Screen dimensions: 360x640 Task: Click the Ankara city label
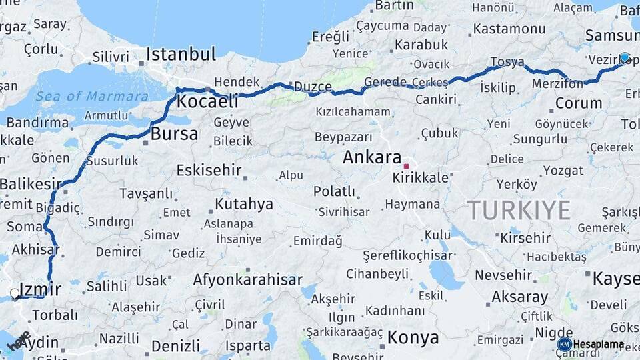coord(371,157)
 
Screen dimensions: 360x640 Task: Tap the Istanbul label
coord(181,54)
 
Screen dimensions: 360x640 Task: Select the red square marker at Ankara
coord(406,165)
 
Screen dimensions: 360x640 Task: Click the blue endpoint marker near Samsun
coord(625,58)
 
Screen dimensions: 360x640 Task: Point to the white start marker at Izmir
coord(15,293)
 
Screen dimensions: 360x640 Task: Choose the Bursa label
coord(174,133)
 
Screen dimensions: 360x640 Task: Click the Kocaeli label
coord(207,102)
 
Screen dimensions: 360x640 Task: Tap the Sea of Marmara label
coord(92,96)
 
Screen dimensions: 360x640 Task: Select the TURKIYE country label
coord(518,210)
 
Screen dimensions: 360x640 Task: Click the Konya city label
coord(413,337)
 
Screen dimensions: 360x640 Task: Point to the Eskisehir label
coord(208,170)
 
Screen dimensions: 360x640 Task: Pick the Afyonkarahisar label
coord(247,279)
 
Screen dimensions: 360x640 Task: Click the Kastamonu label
coord(509,29)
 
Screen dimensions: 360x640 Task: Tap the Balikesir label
coord(30,183)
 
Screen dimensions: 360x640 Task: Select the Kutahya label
coord(244,203)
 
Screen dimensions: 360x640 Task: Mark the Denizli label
coord(175,346)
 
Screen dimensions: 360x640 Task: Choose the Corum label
coord(578,103)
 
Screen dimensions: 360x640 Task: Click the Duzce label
coord(313,87)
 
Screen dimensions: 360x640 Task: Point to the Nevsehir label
coord(503,275)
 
